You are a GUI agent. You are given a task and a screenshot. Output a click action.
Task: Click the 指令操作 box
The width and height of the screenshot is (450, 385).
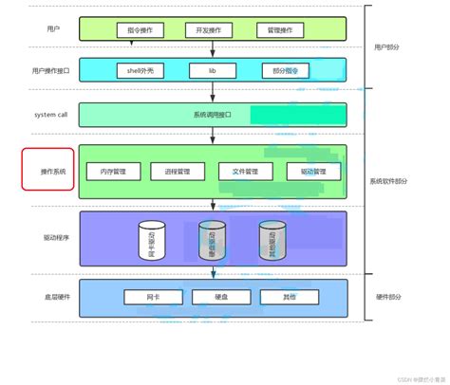140,30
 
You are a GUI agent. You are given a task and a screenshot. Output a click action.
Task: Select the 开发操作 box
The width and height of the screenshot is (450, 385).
209,30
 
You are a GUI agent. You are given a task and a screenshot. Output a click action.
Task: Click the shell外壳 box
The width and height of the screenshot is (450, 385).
141,70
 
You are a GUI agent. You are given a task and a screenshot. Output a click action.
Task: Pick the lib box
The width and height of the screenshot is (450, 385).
213,70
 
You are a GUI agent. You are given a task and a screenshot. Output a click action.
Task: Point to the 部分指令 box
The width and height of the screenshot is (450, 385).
285,70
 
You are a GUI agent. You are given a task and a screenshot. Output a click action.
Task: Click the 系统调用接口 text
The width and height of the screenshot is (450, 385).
212,115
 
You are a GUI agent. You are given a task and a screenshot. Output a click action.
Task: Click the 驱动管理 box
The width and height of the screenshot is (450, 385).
313,172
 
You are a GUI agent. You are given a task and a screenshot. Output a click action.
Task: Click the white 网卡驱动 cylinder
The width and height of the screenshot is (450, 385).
152,240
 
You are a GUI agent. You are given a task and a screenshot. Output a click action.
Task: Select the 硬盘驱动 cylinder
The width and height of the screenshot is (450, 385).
213,240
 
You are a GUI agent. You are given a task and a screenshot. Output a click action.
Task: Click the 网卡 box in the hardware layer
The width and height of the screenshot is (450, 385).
153,297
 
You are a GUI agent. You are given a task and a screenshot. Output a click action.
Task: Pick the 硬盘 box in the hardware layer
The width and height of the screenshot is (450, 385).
220,297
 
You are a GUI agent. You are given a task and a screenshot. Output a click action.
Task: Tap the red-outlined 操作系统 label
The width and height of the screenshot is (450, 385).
48,170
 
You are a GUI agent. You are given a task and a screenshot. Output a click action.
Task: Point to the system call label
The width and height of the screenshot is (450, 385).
50,115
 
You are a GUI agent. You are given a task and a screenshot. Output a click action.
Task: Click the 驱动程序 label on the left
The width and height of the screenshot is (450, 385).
55,238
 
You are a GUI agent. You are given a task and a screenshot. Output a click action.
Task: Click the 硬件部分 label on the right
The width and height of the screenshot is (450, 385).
388,297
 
